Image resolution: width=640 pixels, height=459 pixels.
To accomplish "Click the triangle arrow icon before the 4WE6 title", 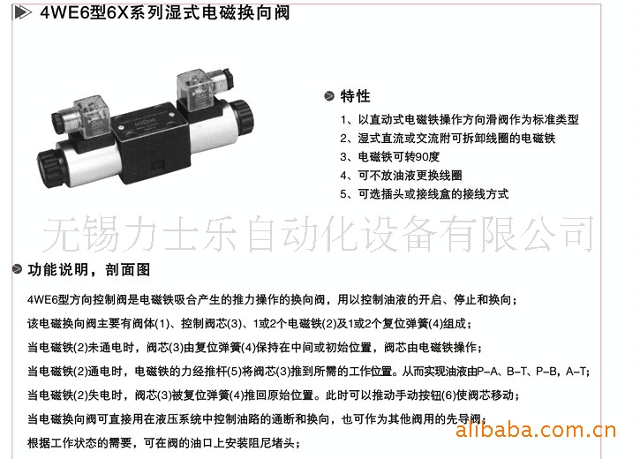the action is coord(22,12).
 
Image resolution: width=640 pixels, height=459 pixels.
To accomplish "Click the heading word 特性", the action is coord(355,96).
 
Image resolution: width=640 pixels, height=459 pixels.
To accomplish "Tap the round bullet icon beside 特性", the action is coord(329,96).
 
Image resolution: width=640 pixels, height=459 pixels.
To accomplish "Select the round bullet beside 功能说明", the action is coord(17,269).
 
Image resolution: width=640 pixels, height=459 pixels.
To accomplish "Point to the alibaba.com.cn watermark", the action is coord(536,430).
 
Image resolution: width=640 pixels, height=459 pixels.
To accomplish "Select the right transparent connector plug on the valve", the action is coord(194,90).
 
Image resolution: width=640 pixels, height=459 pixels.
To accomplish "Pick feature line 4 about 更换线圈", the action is coord(402,176).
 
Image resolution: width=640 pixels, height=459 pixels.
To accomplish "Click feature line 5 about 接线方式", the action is coord(425,194).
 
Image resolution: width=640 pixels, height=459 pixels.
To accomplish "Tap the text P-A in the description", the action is coord(486,372).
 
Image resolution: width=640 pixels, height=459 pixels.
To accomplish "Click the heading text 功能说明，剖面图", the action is coord(89,269).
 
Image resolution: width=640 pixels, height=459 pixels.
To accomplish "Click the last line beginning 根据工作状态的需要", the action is coord(163,443).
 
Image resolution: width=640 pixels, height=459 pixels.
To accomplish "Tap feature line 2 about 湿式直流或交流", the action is coord(448,139).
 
